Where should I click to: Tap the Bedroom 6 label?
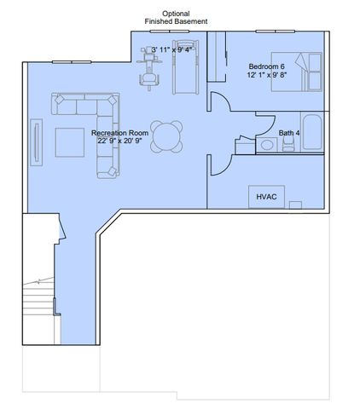click(266, 66)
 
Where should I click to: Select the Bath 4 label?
click(289, 133)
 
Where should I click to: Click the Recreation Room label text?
click(120, 133)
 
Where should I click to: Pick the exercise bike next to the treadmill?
click(151, 68)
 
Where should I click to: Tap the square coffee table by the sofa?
click(70, 141)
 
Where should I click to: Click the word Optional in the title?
click(176, 14)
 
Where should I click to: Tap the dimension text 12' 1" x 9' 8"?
click(266, 75)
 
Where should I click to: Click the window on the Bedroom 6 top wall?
click(276, 32)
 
